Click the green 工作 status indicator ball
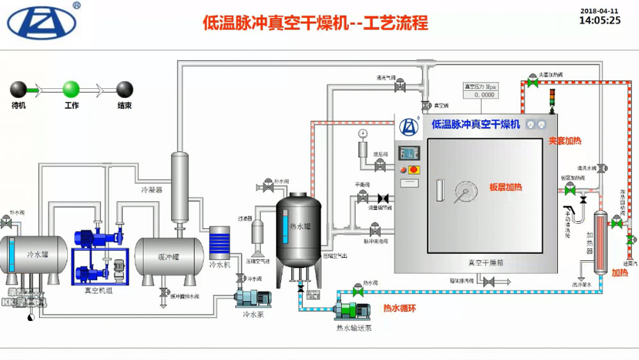click(x=71, y=88)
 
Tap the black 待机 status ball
click(x=18, y=88)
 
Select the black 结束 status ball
click(x=125, y=88)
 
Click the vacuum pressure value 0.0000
click(x=480, y=95)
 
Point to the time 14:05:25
click(x=599, y=20)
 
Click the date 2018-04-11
click(x=599, y=10)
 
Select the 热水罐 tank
click(x=298, y=230)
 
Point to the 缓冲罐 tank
click(x=168, y=258)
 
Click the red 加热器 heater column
click(x=600, y=237)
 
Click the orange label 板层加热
click(x=505, y=187)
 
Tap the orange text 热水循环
click(x=399, y=308)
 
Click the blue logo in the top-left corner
click(x=42, y=22)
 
